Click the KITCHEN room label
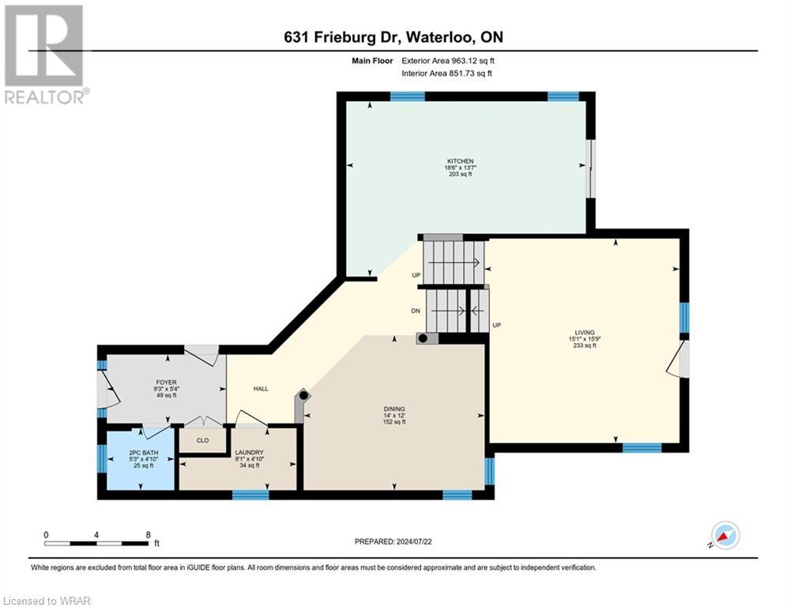tap(459, 160)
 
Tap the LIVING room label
tap(585, 332)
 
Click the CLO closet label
tap(202, 440)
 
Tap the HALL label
tap(261, 389)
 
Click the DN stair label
tap(416, 311)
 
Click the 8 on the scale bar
tap(148, 535)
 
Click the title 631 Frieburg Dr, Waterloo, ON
tap(392, 36)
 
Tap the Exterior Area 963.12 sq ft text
tap(447, 60)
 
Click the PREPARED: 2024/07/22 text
tap(393, 541)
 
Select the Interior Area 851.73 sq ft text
tap(446, 74)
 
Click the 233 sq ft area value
tap(585, 345)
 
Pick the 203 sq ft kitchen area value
tap(459, 174)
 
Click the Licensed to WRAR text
tap(46, 601)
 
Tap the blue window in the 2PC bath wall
tap(101, 458)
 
